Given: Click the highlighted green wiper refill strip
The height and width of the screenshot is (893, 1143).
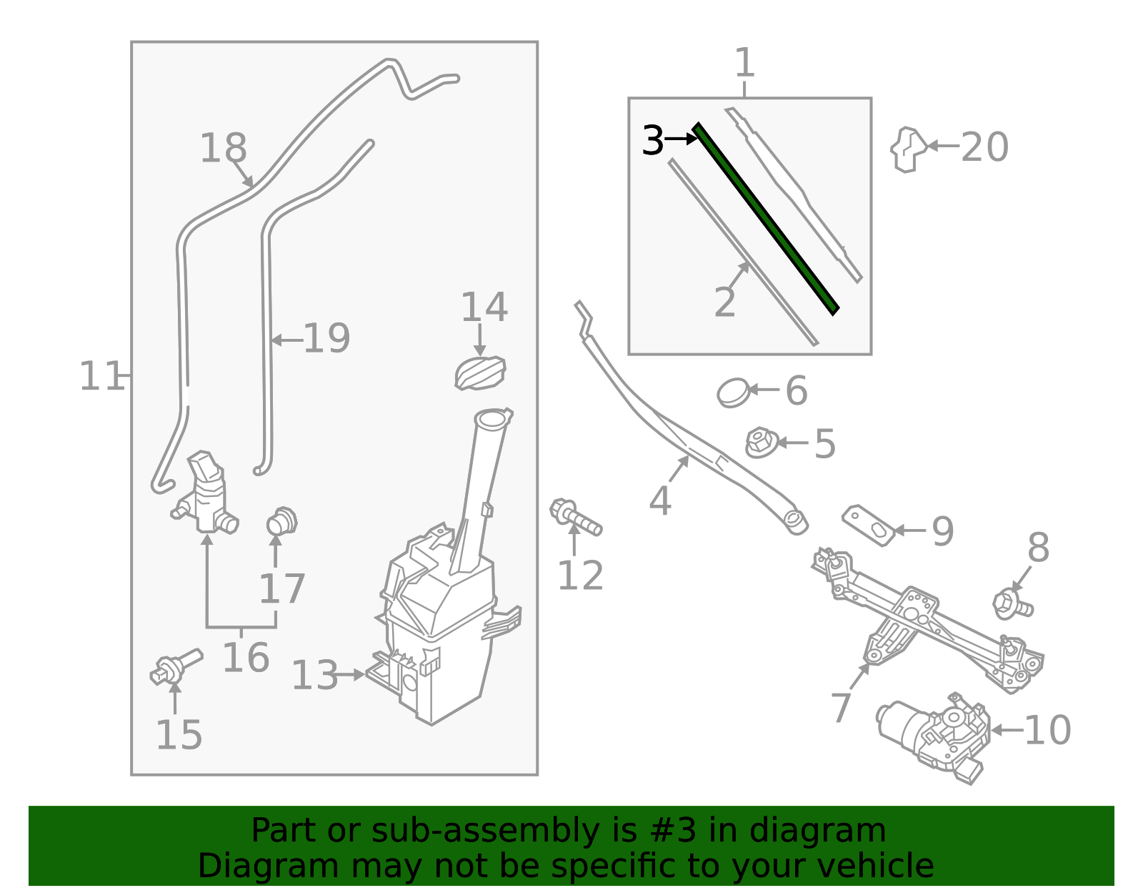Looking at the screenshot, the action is [x=765, y=219].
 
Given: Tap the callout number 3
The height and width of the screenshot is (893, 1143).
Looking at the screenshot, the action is [x=653, y=141].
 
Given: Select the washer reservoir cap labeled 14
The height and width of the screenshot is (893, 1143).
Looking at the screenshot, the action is [x=480, y=373].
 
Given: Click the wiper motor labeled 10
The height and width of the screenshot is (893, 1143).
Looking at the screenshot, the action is [x=932, y=737].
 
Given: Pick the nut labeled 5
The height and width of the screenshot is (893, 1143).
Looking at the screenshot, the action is [x=762, y=442].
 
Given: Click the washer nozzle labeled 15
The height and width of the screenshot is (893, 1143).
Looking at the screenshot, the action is [x=176, y=667].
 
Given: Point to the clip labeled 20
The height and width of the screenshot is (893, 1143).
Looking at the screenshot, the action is [x=909, y=149].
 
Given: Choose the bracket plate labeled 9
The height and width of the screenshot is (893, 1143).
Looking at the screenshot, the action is [x=868, y=526].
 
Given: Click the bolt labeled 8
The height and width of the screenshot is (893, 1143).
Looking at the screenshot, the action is [x=1012, y=605].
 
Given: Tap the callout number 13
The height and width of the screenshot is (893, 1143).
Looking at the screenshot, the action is [x=314, y=675].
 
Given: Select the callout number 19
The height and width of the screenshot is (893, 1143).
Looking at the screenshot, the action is [x=326, y=338].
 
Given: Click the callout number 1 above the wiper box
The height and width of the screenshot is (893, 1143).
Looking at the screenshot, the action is [x=745, y=63].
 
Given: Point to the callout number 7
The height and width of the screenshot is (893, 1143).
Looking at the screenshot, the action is [x=841, y=708].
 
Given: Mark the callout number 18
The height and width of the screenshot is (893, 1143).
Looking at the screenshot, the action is [x=224, y=148].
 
